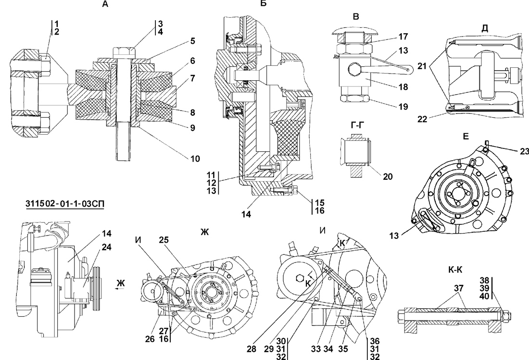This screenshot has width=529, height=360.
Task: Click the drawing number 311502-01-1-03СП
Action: (x=64, y=204)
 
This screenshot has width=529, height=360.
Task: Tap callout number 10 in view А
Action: (x=195, y=159)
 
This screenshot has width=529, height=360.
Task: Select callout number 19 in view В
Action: (x=403, y=107)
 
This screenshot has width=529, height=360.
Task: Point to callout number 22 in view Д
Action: (x=422, y=119)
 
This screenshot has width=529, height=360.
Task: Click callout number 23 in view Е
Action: (x=524, y=151)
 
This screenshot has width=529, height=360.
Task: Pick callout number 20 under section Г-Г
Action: (x=388, y=176)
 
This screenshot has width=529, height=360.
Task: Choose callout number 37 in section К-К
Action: (x=458, y=288)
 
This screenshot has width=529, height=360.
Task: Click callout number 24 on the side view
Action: (x=106, y=247)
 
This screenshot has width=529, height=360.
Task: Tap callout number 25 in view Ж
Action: (x=164, y=240)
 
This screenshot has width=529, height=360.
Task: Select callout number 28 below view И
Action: (x=252, y=349)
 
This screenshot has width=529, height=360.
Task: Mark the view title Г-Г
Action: (x=358, y=125)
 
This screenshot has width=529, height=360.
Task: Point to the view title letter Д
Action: (x=485, y=28)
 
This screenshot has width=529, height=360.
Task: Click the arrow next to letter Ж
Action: (x=120, y=289)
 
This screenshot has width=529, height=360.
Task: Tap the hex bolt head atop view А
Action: (x=124, y=52)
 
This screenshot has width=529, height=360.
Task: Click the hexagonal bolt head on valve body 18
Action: (x=354, y=71)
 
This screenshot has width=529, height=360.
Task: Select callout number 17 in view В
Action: (x=403, y=36)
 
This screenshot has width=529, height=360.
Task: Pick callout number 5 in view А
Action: (x=193, y=41)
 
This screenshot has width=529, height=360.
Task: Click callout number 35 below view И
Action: (x=342, y=349)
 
